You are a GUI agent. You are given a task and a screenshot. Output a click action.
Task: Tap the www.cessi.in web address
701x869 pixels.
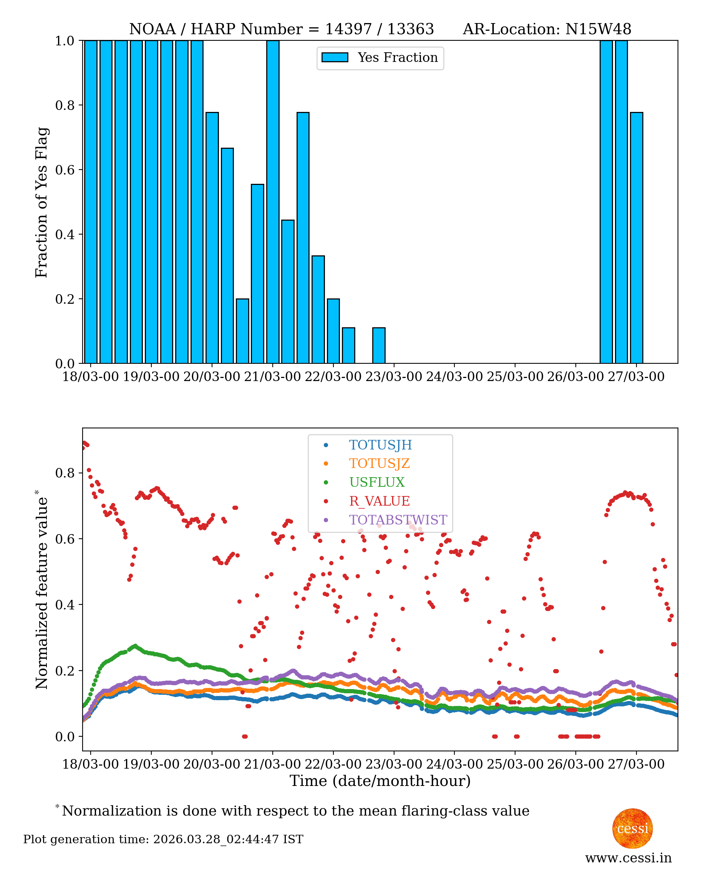point(628,858)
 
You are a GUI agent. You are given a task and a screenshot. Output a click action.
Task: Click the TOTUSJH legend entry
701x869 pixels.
point(380,445)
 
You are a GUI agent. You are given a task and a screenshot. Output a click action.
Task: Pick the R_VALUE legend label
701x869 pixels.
point(379,501)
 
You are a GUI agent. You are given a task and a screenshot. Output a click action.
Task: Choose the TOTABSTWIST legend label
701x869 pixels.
point(398,520)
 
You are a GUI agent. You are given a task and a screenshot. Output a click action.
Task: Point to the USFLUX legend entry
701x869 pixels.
point(376,482)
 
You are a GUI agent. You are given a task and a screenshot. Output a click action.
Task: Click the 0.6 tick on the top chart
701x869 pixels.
point(65,170)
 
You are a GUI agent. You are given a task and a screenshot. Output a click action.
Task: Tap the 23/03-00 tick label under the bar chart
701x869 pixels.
point(393,377)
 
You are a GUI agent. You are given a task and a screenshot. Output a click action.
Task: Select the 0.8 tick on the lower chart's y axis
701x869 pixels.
point(65,473)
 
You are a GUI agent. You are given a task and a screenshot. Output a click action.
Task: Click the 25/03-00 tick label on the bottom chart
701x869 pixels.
point(515,764)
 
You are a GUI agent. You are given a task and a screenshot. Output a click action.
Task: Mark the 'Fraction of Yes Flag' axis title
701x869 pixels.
point(41,202)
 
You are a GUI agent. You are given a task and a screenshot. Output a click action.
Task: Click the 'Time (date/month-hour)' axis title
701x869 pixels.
point(380,781)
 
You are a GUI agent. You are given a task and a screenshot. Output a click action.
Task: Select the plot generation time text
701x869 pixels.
point(163,839)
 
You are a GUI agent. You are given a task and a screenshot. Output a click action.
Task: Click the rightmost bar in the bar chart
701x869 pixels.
point(636,238)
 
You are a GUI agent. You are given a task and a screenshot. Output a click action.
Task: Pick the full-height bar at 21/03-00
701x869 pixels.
point(273,202)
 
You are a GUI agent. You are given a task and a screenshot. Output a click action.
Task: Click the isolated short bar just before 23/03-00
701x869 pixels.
point(378,346)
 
